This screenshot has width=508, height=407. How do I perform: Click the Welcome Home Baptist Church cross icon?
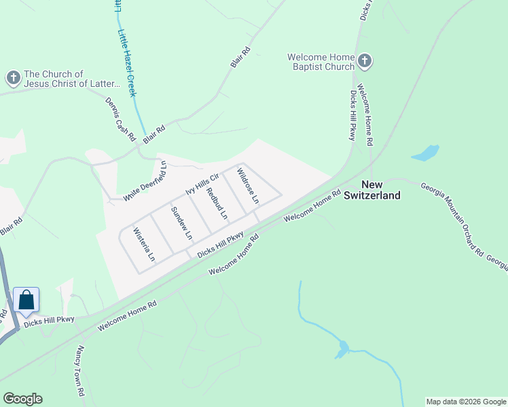pyautogui.click(x=365, y=62)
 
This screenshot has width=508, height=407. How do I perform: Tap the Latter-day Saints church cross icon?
pyautogui.click(x=13, y=79)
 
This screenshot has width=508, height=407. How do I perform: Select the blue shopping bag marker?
pyautogui.click(x=26, y=301)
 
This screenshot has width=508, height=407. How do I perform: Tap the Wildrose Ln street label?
pyautogui.click(x=247, y=187)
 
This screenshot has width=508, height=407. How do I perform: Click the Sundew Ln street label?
pyautogui.click(x=182, y=222)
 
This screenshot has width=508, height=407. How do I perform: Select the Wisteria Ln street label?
pyautogui.click(x=145, y=244)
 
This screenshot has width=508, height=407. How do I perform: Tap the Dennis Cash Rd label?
pyautogui.click(x=120, y=119)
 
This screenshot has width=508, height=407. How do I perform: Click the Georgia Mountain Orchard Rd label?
pyautogui.click(x=452, y=220)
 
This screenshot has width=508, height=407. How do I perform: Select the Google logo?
pyautogui.click(x=22, y=399)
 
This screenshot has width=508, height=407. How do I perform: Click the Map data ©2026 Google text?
pyautogui.click(x=465, y=402)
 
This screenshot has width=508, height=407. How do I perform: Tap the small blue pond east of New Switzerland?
pyautogui.click(x=425, y=153)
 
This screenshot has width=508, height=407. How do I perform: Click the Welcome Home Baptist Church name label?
pyautogui.click(x=321, y=62)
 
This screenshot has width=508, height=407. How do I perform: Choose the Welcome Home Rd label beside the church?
pyautogui.click(x=365, y=115)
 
